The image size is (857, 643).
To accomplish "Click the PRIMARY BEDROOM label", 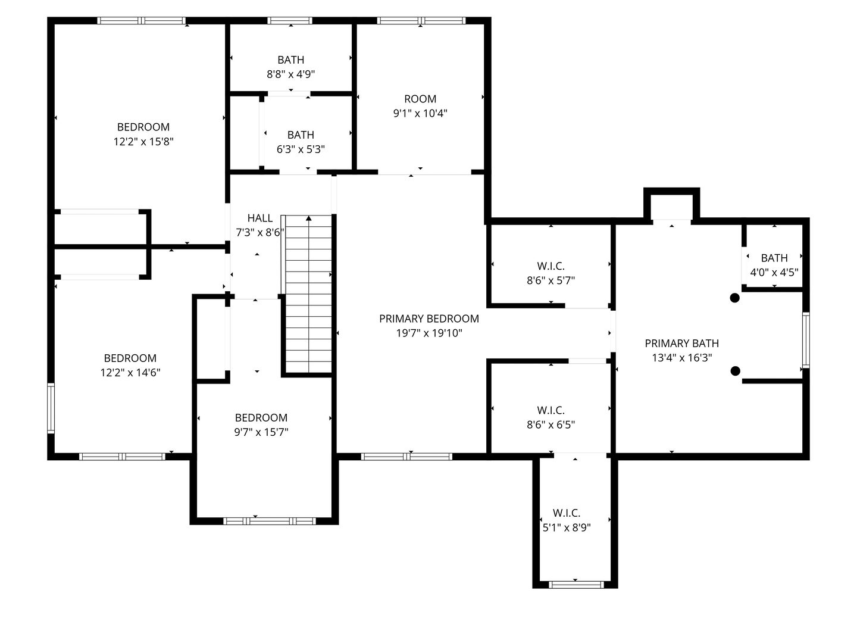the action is pyautogui.click(x=428, y=319).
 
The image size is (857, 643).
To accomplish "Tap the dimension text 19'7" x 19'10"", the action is pyautogui.click(x=428, y=333).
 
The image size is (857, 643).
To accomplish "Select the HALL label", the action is pyautogui.click(x=259, y=218).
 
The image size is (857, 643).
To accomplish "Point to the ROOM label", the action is pyautogui.click(x=420, y=99).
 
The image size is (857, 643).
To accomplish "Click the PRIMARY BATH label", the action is pyautogui.click(x=681, y=343).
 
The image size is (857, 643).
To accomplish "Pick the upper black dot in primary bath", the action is pyautogui.click(x=734, y=298).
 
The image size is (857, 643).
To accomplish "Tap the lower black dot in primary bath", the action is pyautogui.click(x=735, y=371).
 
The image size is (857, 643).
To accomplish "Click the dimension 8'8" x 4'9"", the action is pyautogui.click(x=290, y=74).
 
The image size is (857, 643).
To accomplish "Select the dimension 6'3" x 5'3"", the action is pyautogui.click(x=301, y=149).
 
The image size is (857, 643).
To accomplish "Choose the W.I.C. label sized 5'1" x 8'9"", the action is pyautogui.click(x=567, y=513).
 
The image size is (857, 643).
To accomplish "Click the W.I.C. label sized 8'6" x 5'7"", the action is pyautogui.click(x=551, y=266).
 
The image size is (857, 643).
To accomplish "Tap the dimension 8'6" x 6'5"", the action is pyautogui.click(x=551, y=424).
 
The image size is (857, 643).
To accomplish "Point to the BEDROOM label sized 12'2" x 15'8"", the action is pyautogui.click(x=143, y=127).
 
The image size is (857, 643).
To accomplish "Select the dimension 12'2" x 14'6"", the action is pyautogui.click(x=130, y=373).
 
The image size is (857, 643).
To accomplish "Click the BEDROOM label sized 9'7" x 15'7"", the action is pyautogui.click(x=261, y=417).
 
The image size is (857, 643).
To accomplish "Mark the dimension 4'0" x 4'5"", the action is pyautogui.click(x=774, y=272).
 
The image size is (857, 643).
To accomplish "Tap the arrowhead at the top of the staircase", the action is pyautogui.click(x=309, y=218).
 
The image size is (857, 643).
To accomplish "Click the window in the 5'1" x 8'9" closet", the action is pyautogui.click(x=576, y=585).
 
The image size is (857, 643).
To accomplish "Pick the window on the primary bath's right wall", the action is pyautogui.click(x=806, y=340).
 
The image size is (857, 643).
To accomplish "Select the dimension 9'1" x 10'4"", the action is pyautogui.click(x=420, y=113).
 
